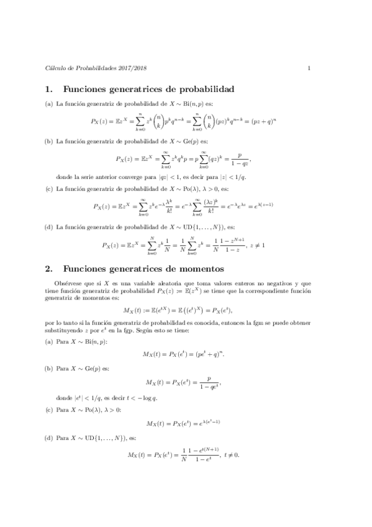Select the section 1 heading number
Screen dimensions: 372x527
(49, 89)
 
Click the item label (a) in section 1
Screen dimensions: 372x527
(49, 104)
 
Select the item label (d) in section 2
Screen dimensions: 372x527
(49, 439)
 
